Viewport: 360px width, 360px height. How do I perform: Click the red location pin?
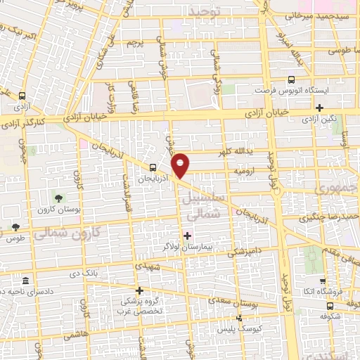click(x=181, y=165)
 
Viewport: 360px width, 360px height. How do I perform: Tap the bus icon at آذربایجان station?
click(x=153, y=167)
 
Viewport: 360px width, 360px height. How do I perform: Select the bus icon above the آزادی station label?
click(x=22, y=96)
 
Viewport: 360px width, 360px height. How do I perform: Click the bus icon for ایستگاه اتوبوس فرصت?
click(x=292, y=80)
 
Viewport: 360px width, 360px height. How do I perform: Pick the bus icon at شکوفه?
click(x=330, y=306)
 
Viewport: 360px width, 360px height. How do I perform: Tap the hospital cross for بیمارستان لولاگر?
click(x=186, y=235)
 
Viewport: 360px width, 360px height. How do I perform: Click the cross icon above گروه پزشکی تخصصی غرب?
click(x=139, y=290)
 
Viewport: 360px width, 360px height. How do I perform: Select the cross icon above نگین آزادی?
click(x=319, y=108)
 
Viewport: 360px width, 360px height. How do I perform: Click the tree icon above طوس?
click(x=15, y=226)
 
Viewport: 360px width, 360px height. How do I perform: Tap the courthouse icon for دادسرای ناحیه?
click(x=25, y=279)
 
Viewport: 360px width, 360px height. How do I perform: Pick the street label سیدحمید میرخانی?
click(x=319, y=15)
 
